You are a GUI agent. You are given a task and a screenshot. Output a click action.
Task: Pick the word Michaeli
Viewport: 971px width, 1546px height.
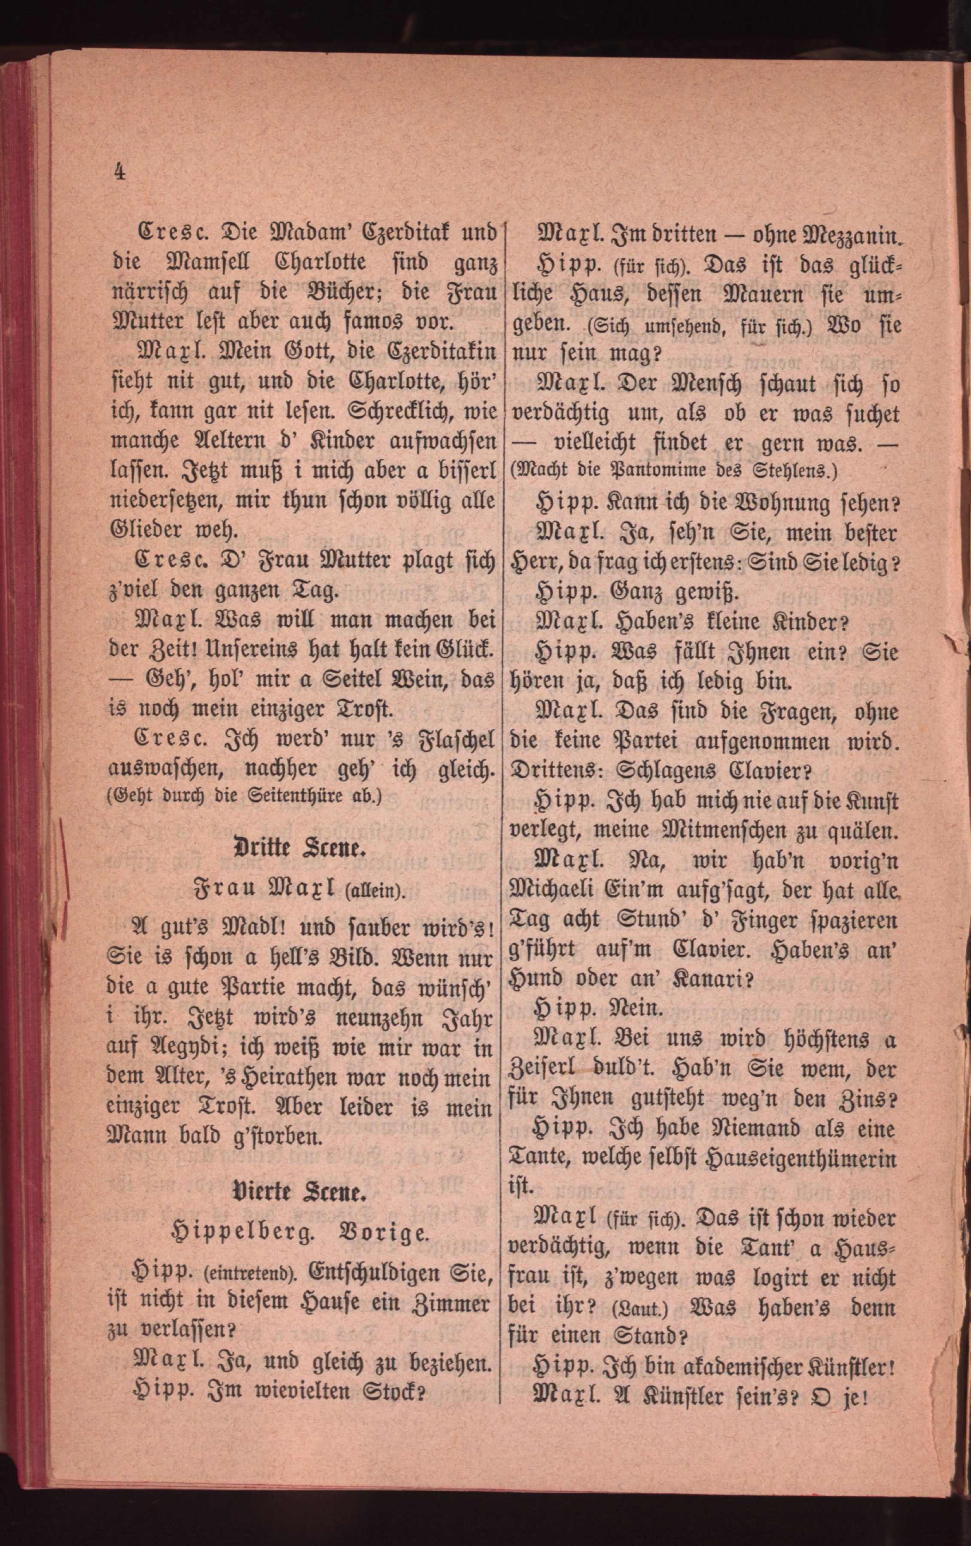tap(557, 892)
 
